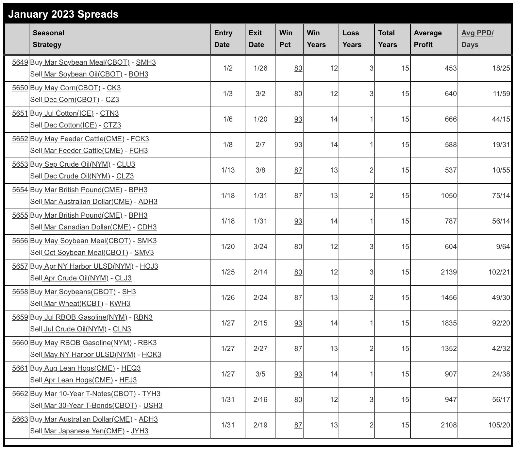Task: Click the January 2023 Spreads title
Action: pyautogui.click(x=63, y=14)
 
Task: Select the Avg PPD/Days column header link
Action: pyautogui.click(x=477, y=39)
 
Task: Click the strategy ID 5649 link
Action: pyautogui.click(x=20, y=62)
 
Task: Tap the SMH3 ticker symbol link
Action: pyautogui.click(x=146, y=62)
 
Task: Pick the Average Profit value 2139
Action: pyautogui.click(x=448, y=272)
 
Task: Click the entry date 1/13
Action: pyautogui.click(x=228, y=170)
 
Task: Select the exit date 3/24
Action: pyautogui.click(x=260, y=246)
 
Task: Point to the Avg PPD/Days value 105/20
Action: pyautogui.click(x=499, y=425)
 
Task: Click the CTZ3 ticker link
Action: pyautogui.click(x=112, y=125)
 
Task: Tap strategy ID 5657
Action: pyautogui.click(x=20, y=266)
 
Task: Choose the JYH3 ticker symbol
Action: pyautogui.click(x=140, y=431)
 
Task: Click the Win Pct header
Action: pyautogui.click(x=286, y=39)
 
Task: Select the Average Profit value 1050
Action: pyautogui.click(x=448, y=195)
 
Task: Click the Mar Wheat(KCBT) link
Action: pyautogui.click(x=73, y=303)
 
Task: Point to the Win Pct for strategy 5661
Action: pyautogui.click(x=298, y=374)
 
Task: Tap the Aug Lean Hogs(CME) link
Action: pyautogui.click(x=79, y=368)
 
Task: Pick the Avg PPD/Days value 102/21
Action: pyautogui.click(x=499, y=272)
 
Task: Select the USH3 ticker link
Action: pyautogui.click(x=153, y=405)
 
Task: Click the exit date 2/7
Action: pyautogui.click(x=260, y=144)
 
